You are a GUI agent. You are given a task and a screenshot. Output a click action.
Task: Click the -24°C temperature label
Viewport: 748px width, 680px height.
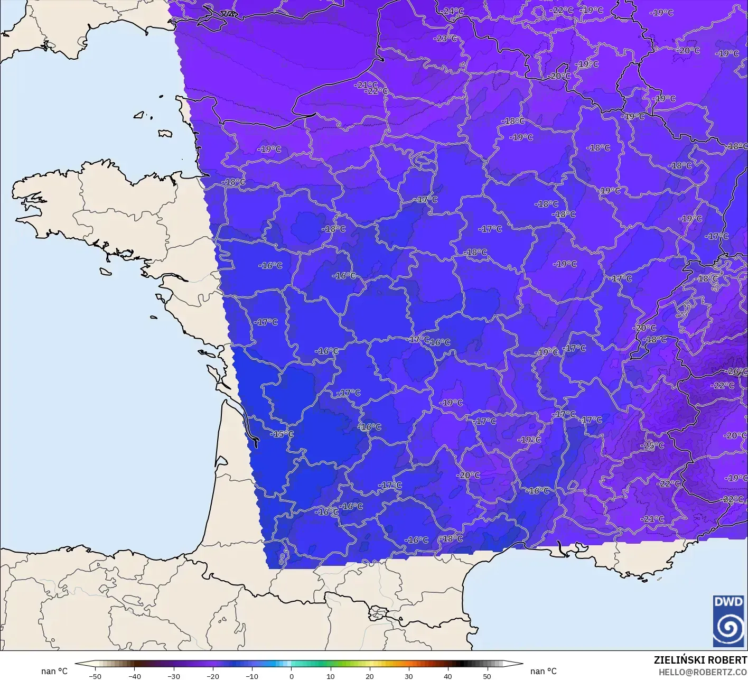point(453,11)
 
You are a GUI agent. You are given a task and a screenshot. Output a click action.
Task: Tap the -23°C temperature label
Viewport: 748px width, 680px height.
point(445,39)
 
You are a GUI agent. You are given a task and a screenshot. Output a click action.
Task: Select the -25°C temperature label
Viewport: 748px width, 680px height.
point(652,445)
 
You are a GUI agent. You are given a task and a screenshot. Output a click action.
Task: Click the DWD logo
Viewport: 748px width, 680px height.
point(728,621)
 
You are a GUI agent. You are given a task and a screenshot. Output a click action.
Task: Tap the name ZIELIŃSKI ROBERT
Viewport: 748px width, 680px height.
point(700,660)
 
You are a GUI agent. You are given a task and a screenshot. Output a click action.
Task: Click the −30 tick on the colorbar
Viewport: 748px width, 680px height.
point(173,676)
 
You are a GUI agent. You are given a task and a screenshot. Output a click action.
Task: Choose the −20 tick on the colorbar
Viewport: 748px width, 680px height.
point(212,676)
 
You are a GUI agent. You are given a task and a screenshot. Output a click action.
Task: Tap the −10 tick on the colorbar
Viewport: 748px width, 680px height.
point(252,676)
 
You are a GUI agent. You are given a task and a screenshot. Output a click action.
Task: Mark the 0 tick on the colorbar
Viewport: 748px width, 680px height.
point(291,676)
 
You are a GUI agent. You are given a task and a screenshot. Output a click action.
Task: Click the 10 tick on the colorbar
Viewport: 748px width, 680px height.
point(331,676)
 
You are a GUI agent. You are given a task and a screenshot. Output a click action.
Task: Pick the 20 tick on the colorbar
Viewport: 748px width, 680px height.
point(370,676)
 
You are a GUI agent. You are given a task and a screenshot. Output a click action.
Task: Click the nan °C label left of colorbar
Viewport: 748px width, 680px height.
point(54,671)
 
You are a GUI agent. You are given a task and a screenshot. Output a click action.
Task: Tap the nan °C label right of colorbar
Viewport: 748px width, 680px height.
point(543,671)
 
